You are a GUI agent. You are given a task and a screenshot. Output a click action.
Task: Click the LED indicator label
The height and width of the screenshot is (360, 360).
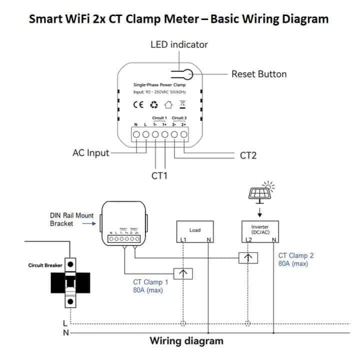pyautogui.click(x=179, y=44)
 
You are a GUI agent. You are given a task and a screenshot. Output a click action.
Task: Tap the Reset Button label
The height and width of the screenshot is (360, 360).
pyautogui.click(x=258, y=74)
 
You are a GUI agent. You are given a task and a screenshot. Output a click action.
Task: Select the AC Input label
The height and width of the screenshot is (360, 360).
pyautogui.click(x=90, y=153)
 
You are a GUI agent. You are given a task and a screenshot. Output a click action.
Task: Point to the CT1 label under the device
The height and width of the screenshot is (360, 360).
pyautogui.click(x=159, y=175)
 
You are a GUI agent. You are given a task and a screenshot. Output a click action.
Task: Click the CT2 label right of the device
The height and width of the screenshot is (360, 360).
pyautogui.click(x=248, y=155)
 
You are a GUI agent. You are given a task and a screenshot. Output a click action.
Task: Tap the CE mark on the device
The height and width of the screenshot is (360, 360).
pyautogui.click(x=138, y=105)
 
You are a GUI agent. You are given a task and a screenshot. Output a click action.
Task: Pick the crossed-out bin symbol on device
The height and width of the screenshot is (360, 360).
pyautogui.click(x=183, y=105)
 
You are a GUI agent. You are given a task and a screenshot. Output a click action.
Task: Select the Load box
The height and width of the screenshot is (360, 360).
pyautogui.click(x=195, y=230)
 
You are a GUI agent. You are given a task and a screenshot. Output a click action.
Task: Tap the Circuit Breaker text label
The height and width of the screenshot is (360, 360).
pyautogui.click(x=45, y=265)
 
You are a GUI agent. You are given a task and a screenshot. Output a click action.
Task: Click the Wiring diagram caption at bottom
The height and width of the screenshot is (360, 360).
pyautogui.click(x=186, y=341)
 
